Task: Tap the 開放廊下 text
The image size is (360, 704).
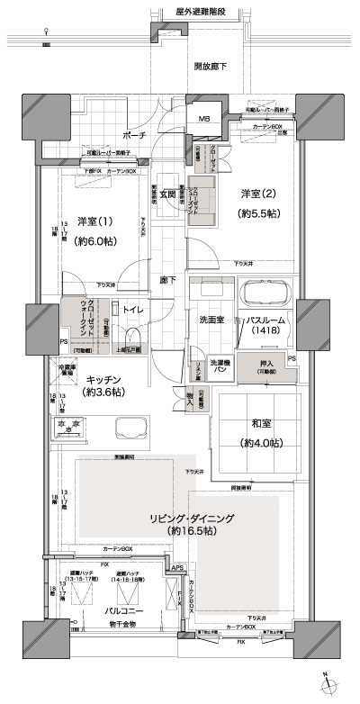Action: point(210,67)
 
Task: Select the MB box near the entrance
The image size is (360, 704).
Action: point(203,117)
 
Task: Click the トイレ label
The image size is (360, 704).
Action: point(131,310)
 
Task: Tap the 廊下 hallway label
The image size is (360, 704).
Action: point(167,280)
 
